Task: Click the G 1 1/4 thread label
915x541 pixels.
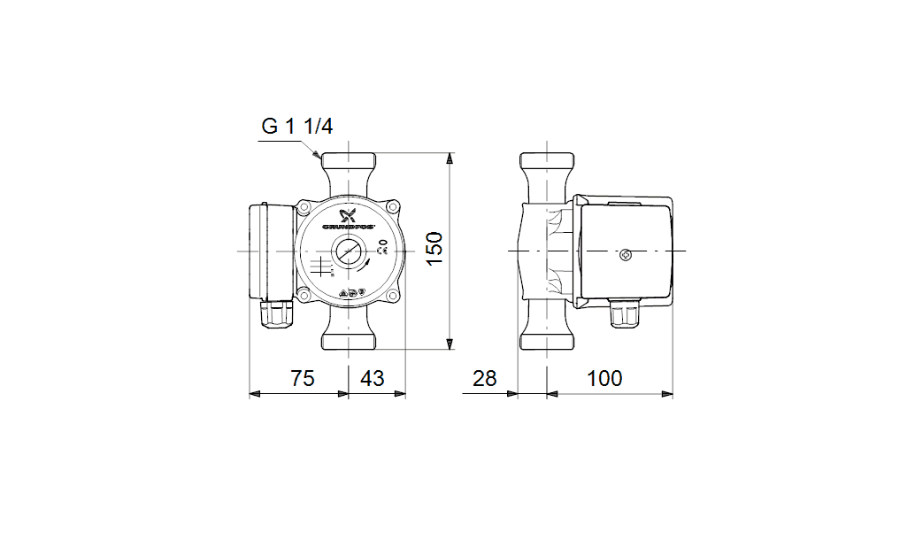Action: (296, 127)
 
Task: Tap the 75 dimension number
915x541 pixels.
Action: (304, 379)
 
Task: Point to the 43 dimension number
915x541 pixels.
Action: (373, 379)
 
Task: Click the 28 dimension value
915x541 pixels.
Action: (485, 379)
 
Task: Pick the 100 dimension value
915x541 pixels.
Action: (604, 379)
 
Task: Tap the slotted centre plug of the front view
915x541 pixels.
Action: (350, 252)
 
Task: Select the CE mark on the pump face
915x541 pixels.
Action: (383, 251)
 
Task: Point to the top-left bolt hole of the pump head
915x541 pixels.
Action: (304, 207)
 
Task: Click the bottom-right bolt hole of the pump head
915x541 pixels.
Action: (394, 297)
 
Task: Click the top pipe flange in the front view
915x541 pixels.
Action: (350, 163)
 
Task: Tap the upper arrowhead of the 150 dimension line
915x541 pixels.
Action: (450, 158)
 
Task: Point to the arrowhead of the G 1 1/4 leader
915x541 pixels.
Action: (319, 156)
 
